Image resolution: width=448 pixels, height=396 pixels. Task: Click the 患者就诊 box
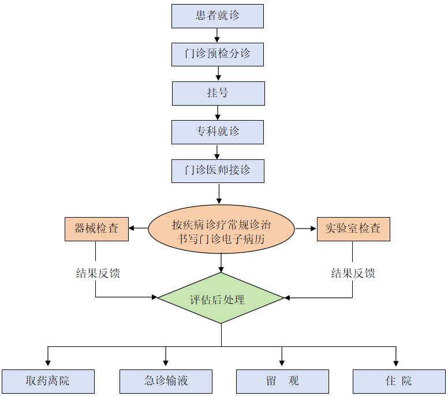click(x=218, y=16)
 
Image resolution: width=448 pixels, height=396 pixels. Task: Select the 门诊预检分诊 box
click(x=218, y=54)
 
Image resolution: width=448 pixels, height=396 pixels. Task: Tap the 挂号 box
click(x=218, y=93)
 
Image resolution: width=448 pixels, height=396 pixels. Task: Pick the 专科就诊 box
click(x=218, y=132)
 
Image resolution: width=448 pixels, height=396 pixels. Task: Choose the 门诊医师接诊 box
click(x=218, y=171)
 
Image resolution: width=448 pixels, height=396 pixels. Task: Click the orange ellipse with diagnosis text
click(x=222, y=230)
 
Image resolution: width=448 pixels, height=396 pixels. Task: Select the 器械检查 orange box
click(x=96, y=229)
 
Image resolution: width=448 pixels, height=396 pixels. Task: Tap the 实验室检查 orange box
click(x=353, y=229)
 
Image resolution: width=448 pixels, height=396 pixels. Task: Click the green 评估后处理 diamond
click(x=221, y=298)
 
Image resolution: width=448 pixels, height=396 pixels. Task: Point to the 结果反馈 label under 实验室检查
click(x=353, y=273)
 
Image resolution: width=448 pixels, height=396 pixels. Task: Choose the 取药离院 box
click(x=48, y=382)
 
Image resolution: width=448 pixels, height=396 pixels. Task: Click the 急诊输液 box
click(x=166, y=382)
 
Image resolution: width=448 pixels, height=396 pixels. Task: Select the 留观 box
click(x=282, y=382)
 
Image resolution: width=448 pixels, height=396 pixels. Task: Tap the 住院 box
click(x=399, y=382)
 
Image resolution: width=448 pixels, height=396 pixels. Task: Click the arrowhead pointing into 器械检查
click(x=132, y=229)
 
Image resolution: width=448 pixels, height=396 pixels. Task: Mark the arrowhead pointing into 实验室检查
click(x=313, y=229)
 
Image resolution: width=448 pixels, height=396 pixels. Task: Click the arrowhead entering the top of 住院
click(x=396, y=364)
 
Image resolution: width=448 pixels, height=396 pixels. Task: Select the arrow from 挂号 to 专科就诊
click(x=218, y=112)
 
